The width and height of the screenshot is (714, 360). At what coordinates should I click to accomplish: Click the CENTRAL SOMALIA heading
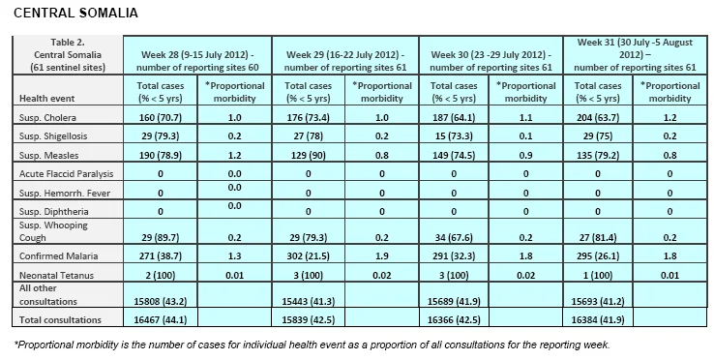click(75, 13)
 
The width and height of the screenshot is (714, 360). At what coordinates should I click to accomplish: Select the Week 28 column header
click(197, 61)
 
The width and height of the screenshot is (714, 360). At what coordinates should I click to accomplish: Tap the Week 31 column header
click(635, 55)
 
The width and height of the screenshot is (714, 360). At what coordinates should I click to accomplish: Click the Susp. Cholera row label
click(47, 117)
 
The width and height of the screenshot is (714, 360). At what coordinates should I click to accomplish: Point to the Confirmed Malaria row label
click(58, 255)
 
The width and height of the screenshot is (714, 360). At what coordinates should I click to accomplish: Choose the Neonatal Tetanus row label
click(56, 275)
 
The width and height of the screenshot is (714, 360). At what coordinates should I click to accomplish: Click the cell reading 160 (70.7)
click(161, 117)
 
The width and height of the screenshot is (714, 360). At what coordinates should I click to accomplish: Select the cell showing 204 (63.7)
click(598, 117)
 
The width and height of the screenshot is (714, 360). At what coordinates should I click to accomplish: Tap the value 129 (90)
click(309, 156)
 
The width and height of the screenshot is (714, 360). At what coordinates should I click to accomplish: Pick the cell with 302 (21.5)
click(309, 256)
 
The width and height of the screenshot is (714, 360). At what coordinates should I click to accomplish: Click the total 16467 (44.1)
click(161, 320)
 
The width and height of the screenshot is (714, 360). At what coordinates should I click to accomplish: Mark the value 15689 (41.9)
click(454, 301)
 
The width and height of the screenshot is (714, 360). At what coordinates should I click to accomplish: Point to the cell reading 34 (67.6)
click(454, 237)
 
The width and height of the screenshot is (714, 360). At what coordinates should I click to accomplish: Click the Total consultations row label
click(60, 320)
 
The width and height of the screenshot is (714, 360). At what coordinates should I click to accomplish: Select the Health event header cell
click(46, 98)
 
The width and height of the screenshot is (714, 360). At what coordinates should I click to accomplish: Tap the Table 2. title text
click(68, 43)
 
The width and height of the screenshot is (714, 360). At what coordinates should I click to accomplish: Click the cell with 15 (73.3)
click(454, 136)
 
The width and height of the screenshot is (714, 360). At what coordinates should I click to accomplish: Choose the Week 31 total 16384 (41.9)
click(598, 320)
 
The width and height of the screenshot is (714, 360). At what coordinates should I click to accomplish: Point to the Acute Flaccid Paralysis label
click(67, 173)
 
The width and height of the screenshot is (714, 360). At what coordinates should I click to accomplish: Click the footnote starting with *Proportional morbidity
click(312, 345)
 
